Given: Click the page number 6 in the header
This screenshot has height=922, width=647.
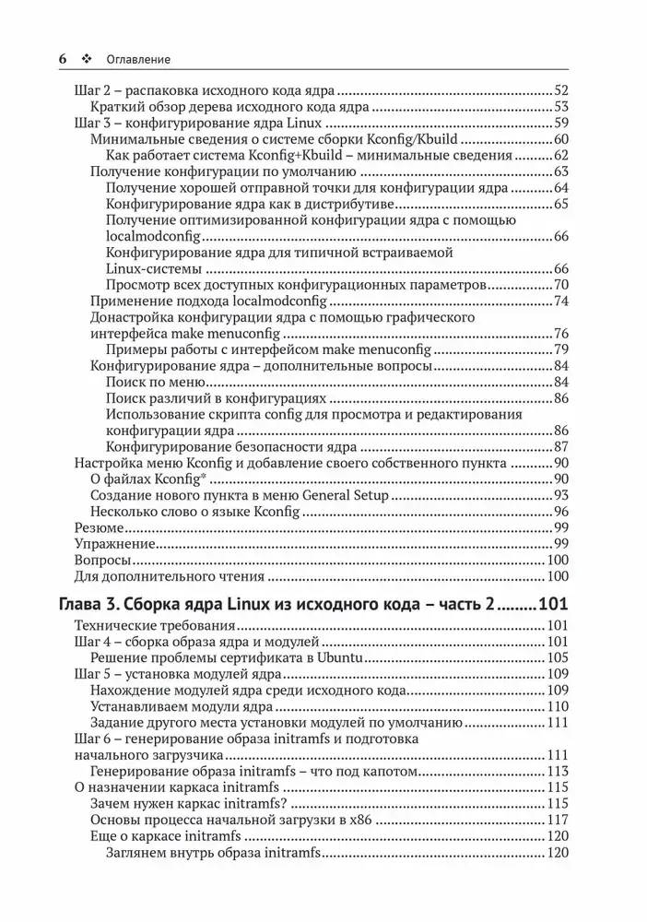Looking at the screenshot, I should point(63,58).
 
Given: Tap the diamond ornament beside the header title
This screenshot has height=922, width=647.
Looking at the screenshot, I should point(88,58).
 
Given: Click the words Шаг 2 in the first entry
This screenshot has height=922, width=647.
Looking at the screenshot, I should point(89,90).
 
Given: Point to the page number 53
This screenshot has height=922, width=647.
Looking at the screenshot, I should point(561,107).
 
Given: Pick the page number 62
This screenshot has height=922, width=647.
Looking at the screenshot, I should point(561,156).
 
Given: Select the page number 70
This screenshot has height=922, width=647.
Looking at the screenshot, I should point(561,285).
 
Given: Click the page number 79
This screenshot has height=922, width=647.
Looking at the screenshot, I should point(561,349).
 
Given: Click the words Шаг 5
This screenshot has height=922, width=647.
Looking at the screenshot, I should point(89,674).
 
